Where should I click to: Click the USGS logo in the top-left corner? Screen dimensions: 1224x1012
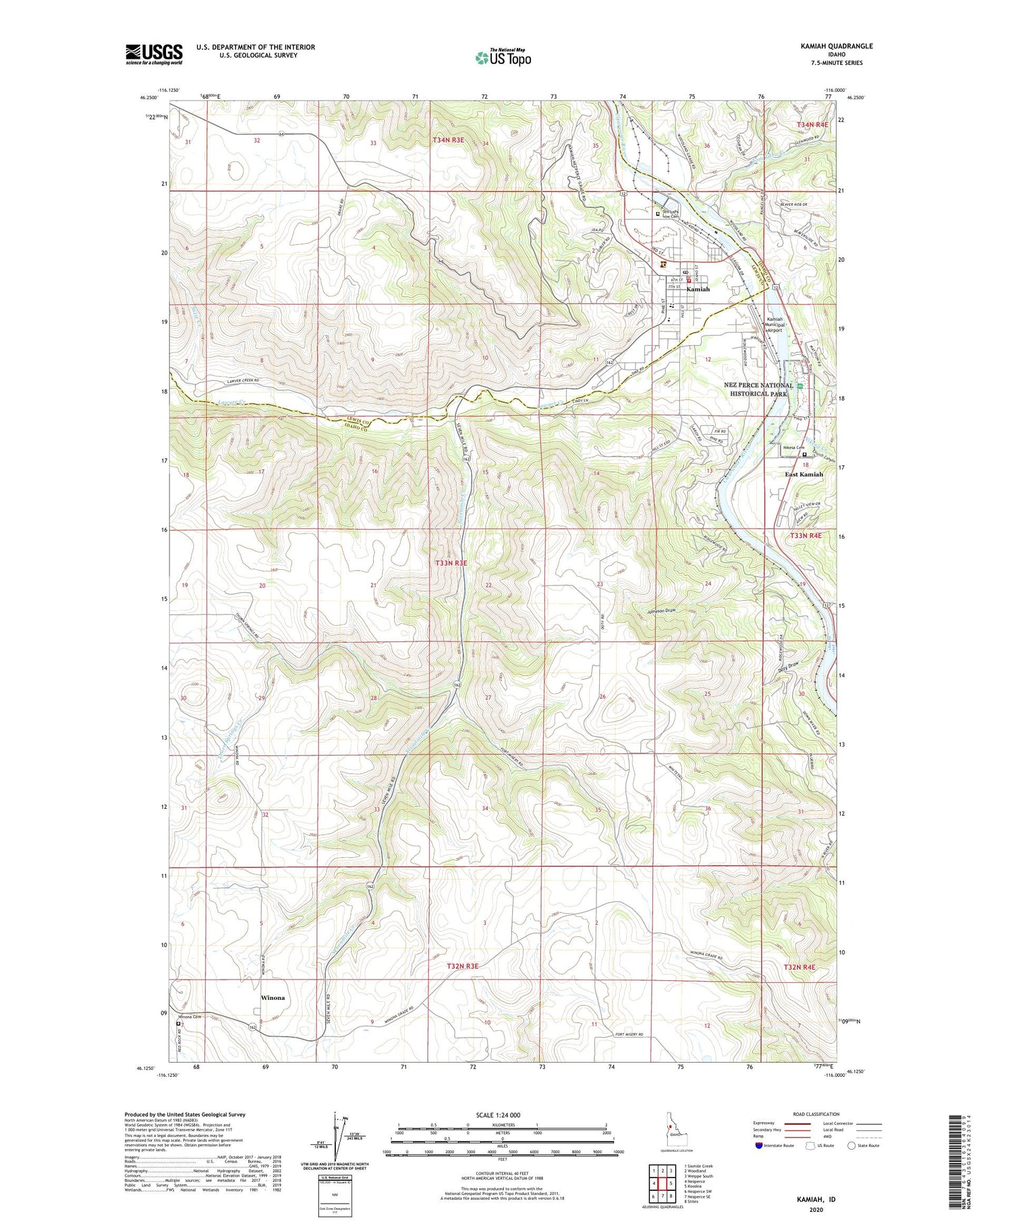point(154,54)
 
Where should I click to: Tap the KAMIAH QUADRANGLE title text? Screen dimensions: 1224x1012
point(832,46)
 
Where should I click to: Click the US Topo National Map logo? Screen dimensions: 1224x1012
point(503,57)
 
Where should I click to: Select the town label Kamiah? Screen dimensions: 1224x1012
point(698,289)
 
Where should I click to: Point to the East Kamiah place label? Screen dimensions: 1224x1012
point(804,474)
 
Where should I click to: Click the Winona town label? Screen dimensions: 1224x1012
point(273,998)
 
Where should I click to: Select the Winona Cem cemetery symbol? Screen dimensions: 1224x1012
point(178,1023)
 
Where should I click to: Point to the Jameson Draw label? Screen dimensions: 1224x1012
point(660,611)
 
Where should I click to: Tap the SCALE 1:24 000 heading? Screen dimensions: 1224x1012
point(502,1115)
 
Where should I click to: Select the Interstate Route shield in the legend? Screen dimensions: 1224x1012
point(760,1146)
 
